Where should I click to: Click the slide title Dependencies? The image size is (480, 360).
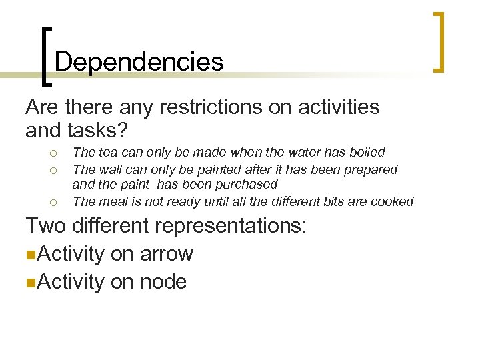point(139,62)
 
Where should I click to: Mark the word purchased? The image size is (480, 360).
point(248,184)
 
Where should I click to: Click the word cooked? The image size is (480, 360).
point(393,201)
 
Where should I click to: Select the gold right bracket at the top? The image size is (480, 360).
point(439,41)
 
